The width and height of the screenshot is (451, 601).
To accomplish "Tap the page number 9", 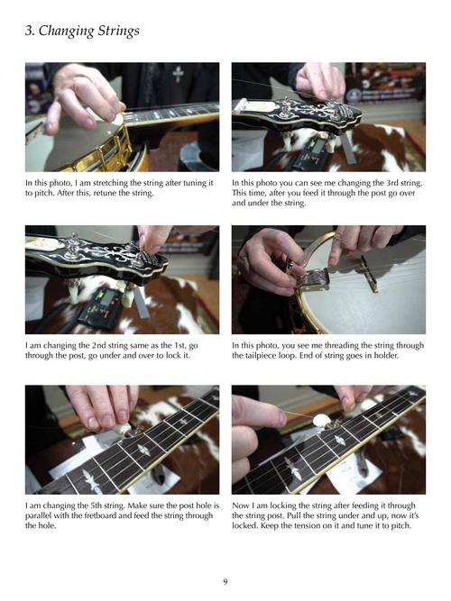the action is [225, 581].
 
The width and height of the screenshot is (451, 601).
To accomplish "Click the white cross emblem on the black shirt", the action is [178, 74].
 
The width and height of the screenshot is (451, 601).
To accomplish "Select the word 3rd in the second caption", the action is [384, 183].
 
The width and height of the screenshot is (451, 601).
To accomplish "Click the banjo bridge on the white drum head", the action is [372, 280].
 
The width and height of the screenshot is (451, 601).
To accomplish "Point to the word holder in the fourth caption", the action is [386, 355].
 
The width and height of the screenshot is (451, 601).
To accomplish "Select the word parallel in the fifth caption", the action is [39, 516].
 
